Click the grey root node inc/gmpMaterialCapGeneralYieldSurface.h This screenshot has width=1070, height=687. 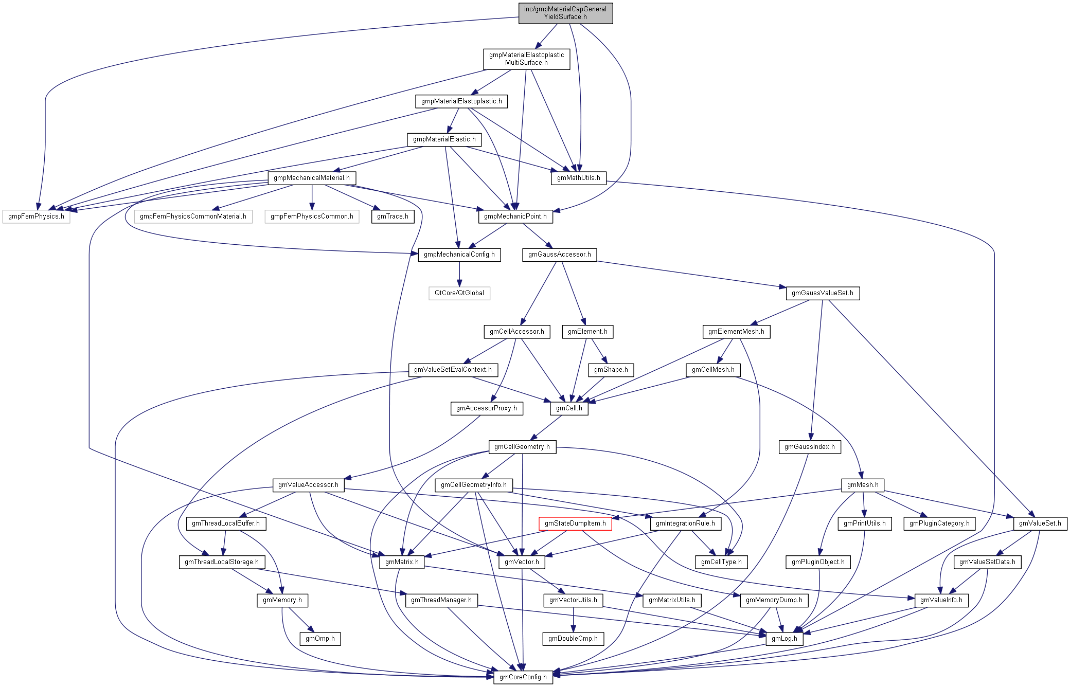(x=565, y=13)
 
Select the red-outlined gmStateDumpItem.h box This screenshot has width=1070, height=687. (x=575, y=523)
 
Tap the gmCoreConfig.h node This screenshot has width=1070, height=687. (x=523, y=677)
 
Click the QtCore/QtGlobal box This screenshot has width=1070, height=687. (x=459, y=293)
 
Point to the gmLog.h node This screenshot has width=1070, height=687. (x=784, y=639)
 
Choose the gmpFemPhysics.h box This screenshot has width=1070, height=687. (x=36, y=216)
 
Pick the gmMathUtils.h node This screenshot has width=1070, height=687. (x=579, y=178)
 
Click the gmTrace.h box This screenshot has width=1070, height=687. (x=393, y=216)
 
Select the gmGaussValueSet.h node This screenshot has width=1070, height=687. (x=822, y=293)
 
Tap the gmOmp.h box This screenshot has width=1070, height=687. (x=320, y=639)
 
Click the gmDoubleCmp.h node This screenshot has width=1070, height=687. (x=573, y=639)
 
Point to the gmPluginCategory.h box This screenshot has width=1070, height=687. (x=939, y=523)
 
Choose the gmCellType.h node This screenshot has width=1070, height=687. (x=721, y=562)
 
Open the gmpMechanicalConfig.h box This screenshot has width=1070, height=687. (x=459, y=255)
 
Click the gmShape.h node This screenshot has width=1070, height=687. (x=611, y=370)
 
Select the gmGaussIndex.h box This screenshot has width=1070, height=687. (x=810, y=447)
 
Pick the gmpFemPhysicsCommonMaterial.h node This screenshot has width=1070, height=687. (x=193, y=216)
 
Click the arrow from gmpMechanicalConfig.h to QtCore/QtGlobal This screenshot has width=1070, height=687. (x=459, y=274)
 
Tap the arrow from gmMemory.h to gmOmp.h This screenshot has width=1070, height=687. (x=300, y=619)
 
